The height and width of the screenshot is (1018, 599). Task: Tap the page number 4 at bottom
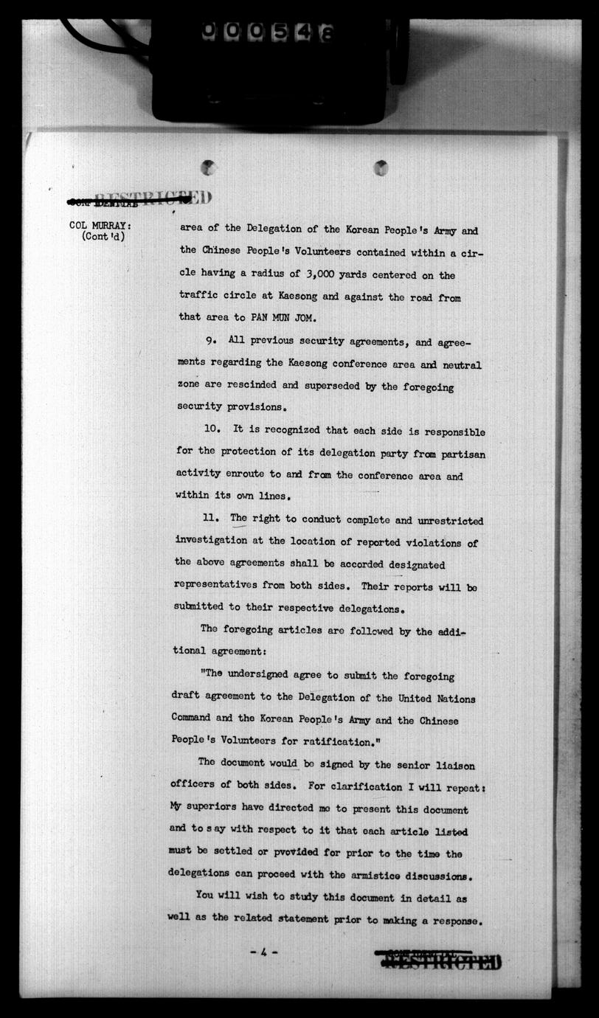coord(263,952)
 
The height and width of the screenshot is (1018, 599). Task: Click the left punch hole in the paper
coord(209,167)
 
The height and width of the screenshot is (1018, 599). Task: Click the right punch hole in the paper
coord(381,167)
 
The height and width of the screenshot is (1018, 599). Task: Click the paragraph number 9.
coord(211,343)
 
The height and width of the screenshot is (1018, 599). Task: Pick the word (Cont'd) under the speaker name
coord(103,238)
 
